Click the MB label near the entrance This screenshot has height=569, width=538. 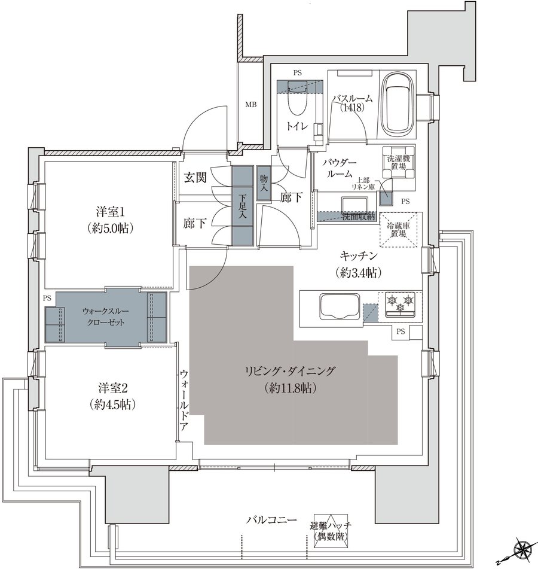click(251, 105)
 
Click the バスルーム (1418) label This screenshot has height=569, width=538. click(353, 104)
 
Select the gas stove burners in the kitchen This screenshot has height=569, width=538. click(399, 303)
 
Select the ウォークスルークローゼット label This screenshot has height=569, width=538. click(104, 317)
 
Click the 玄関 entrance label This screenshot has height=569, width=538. click(195, 178)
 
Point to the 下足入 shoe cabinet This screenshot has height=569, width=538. click(242, 205)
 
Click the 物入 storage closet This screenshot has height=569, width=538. click(264, 182)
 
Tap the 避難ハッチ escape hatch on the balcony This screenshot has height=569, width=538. click(331, 530)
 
